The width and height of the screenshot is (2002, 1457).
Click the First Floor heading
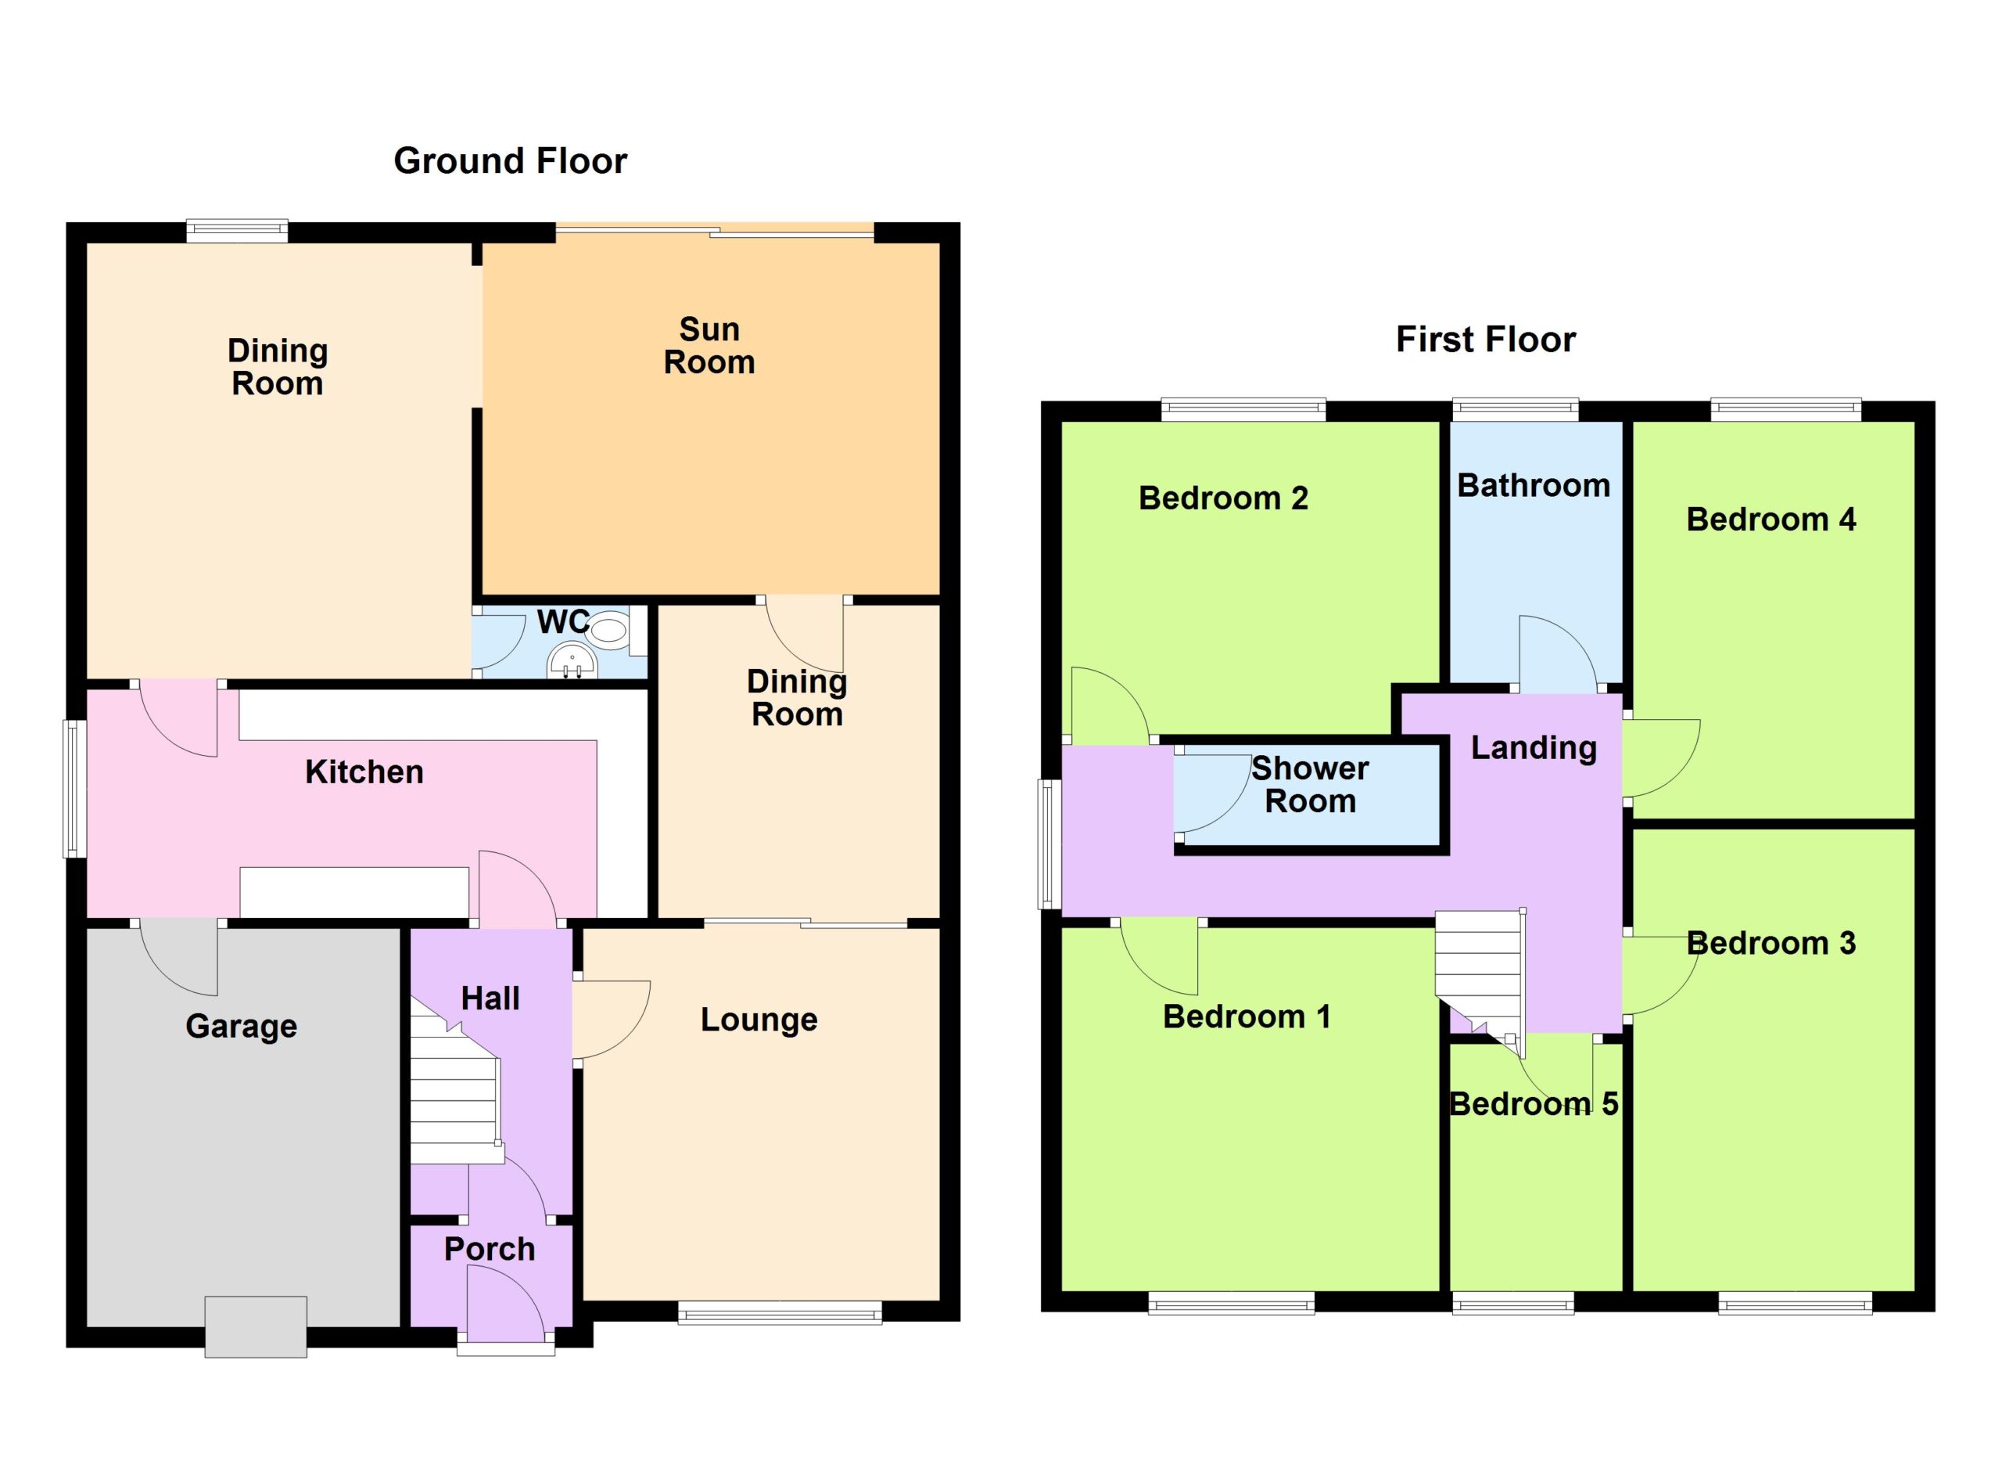(x=1486, y=340)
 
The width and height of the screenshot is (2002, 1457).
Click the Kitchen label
(x=364, y=772)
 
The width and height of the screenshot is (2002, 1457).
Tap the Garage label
(x=241, y=1026)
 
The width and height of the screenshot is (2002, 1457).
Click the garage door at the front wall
(x=256, y=1326)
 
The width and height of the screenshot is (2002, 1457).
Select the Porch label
(x=490, y=1250)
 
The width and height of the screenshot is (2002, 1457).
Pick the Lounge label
(x=759, y=1020)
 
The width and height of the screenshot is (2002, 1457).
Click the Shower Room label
(x=1310, y=785)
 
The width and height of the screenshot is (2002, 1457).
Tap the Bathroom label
(x=1534, y=486)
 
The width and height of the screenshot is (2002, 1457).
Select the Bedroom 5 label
(x=1534, y=1105)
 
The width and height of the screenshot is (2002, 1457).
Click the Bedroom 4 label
(x=1771, y=520)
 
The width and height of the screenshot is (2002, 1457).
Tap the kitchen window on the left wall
(x=75, y=790)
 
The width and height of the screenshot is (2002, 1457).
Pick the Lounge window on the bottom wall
(x=780, y=1313)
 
